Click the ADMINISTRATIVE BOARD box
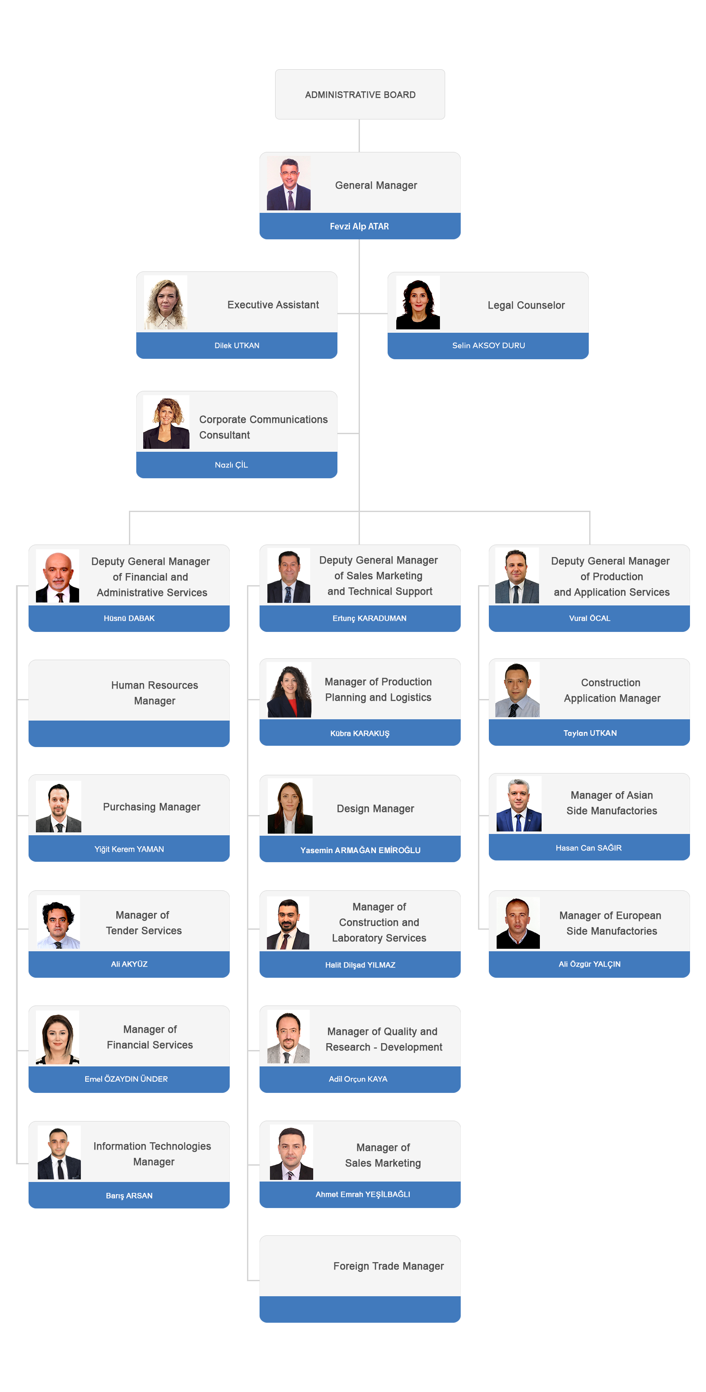pos(360,94)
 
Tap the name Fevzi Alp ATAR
pos(359,226)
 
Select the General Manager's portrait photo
pos(289,184)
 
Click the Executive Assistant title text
pos(273,305)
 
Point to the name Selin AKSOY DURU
pos(488,346)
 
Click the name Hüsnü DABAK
pos(129,618)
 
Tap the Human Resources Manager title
pos(154,693)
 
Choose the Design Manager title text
pos(375,809)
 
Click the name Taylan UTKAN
pos(590,733)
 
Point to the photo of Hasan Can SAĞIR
pos(519,805)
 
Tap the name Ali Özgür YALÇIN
pos(589,964)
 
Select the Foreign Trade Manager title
pos(388,1266)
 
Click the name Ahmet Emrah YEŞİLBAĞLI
pos(363,1194)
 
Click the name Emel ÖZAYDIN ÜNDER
pos(126,1079)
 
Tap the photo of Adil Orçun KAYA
pos(289,1037)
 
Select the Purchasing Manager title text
pos(151,807)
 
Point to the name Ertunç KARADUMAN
pos(369,618)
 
